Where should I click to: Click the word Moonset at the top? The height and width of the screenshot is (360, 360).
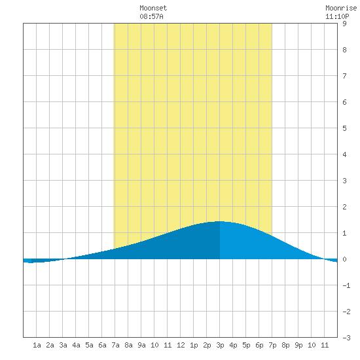(153, 8)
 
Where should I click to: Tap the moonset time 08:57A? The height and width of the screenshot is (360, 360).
(151, 16)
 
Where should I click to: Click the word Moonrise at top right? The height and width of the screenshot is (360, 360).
(341, 8)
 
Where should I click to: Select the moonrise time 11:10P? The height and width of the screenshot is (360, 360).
(337, 16)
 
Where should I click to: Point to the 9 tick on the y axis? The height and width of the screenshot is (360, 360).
(344, 24)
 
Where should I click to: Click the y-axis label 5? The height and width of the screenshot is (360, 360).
(344, 128)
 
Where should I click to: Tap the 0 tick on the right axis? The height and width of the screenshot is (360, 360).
(344, 259)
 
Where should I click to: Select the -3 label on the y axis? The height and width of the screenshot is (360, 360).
(346, 338)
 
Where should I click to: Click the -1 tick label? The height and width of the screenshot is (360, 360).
(346, 285)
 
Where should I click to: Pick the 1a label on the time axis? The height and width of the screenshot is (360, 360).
(37, 345)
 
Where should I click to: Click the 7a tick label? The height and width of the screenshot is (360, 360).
(115, 345)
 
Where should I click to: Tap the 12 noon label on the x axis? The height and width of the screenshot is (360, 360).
(181, 345)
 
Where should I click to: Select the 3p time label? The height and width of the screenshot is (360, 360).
(220, 345)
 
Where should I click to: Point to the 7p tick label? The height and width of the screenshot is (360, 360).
(272, 345)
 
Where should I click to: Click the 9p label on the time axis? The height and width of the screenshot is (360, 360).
(298, 345)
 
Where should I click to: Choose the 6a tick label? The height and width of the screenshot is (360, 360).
(102, 345)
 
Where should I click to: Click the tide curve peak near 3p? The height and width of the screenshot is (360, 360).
(219, 221)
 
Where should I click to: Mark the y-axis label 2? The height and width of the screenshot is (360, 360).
(344, 207)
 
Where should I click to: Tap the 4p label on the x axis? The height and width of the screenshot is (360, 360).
(233, 345)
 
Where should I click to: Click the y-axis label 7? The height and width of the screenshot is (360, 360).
(344, 76)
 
